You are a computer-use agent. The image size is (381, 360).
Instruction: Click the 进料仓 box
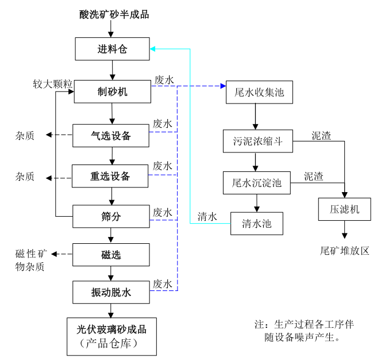coord(112,49)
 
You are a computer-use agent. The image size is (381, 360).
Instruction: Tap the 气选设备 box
coord(111,136)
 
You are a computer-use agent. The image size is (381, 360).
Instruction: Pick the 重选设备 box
coord(110,176)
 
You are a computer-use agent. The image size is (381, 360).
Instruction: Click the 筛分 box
coord(110,216)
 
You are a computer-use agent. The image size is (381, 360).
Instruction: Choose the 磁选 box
coord(111,255)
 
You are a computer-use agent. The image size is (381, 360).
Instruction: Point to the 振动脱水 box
coord(111,292)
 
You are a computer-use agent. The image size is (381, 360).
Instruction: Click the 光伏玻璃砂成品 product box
coord(111,336)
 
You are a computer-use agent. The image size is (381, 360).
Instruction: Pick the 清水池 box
coord(257,223)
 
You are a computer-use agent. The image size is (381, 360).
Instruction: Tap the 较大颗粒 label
coord(52,84)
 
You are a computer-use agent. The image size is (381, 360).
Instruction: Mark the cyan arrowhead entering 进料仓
coord(152,49)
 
